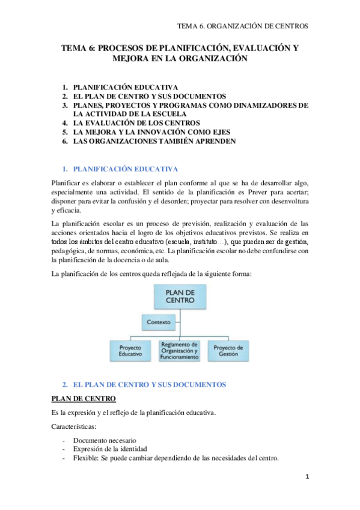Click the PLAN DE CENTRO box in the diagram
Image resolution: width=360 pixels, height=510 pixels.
coord(180,295)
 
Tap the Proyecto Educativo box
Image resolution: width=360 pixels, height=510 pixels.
coord(130,351)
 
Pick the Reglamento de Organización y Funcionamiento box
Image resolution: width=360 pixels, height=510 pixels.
coord(179,351)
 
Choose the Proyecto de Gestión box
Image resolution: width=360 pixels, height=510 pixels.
coord(228,351)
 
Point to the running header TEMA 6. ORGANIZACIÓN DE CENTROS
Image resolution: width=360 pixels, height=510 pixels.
coord(242,26)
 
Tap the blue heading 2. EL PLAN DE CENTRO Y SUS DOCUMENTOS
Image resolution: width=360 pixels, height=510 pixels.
coord(148,384)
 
